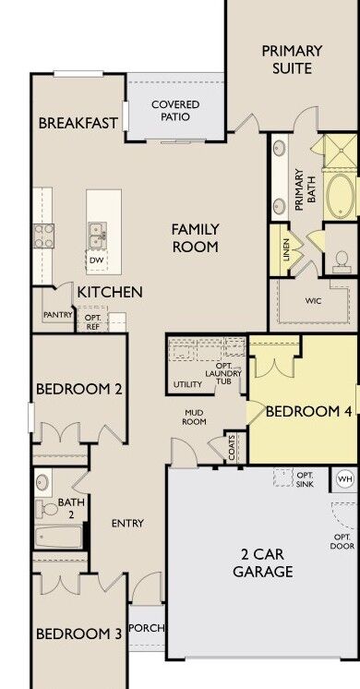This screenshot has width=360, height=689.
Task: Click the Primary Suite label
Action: coord(292,59)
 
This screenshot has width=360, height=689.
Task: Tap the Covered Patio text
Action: coord(175,111)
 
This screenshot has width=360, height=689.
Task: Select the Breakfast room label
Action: coord(78,123)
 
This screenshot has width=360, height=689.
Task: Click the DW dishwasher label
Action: coord(96,260)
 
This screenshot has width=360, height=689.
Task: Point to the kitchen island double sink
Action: coord(97,236)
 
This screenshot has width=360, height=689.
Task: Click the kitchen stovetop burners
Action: coord(43,236)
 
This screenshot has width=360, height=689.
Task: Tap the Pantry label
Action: coord(57,315)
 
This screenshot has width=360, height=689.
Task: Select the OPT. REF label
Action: coord(92,321)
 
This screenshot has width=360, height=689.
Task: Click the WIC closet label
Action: coord(313,301)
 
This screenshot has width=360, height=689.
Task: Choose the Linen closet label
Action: coord(286,250)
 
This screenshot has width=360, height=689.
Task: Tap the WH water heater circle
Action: coord(345,479)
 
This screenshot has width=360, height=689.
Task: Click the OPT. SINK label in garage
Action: coord(305,479)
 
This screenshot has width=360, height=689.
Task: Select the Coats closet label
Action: coord(232,447)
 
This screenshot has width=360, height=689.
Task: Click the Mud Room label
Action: coord(194,417)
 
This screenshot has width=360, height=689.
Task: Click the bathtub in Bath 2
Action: coord(59,537)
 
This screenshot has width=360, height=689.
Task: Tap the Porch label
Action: coord(147,628)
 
